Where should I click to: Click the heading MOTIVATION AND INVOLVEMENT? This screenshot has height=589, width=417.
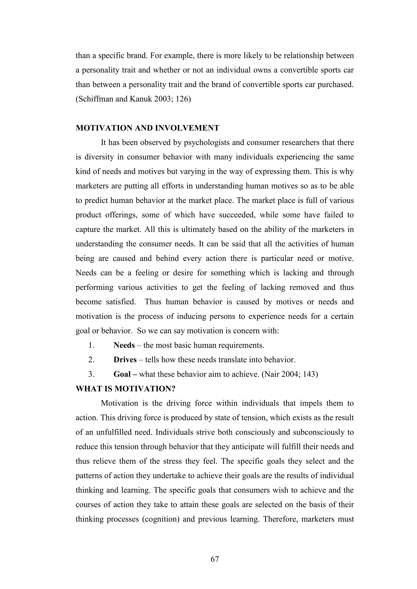coord(147,128)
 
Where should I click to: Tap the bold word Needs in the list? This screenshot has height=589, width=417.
coord(124,345)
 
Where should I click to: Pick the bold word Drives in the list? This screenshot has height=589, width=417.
coord(125,360)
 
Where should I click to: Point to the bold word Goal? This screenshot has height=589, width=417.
coord(122,374)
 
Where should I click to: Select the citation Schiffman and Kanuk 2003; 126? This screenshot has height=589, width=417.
coord(133,99)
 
